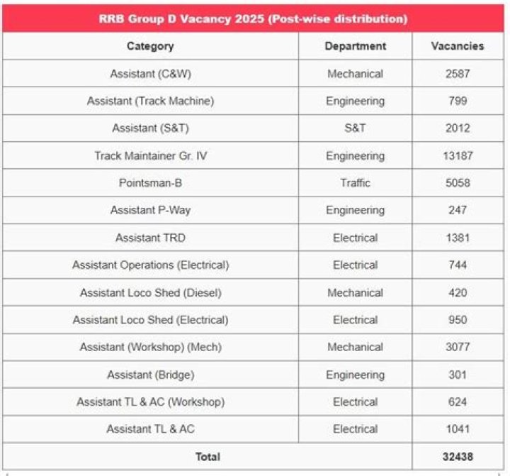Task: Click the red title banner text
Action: (x=253, y=18)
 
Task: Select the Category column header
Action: (x=150, y=46)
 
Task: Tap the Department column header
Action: (x=355, y=46)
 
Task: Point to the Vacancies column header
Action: (x=458, y=46)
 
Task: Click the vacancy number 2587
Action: (x=458, y=74)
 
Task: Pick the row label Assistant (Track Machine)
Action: (x=150, y=101)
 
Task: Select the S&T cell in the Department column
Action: (x=355, y=128)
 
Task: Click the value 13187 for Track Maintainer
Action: (x=458, y=155)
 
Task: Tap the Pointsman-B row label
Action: (x=150, y=183)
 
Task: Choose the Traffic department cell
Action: (x=355, y=183)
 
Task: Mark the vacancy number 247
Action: (x=458, y=210)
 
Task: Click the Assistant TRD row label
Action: (x=150, y=238)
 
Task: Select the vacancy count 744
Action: (x=458, y=265)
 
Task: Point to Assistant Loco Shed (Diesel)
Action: (x=150, y=292)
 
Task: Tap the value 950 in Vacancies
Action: (x=458, y=320)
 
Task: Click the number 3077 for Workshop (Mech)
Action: (x=458, y=347)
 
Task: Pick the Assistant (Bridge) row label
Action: (x=150, y=375)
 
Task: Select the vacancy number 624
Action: (x=458, y=402)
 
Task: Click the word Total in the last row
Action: (x=208, y=457)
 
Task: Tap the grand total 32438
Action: (x=458, y=457)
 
